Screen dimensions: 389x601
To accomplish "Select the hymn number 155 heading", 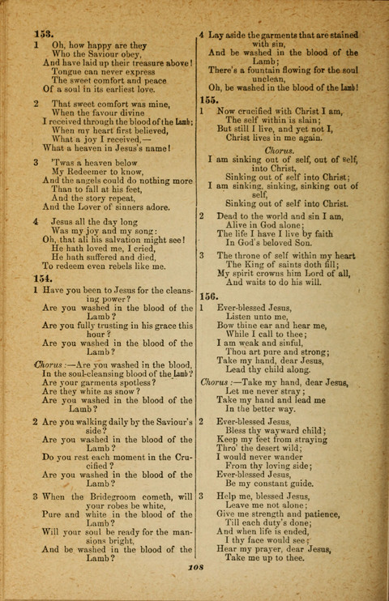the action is (x=211, y=100).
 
